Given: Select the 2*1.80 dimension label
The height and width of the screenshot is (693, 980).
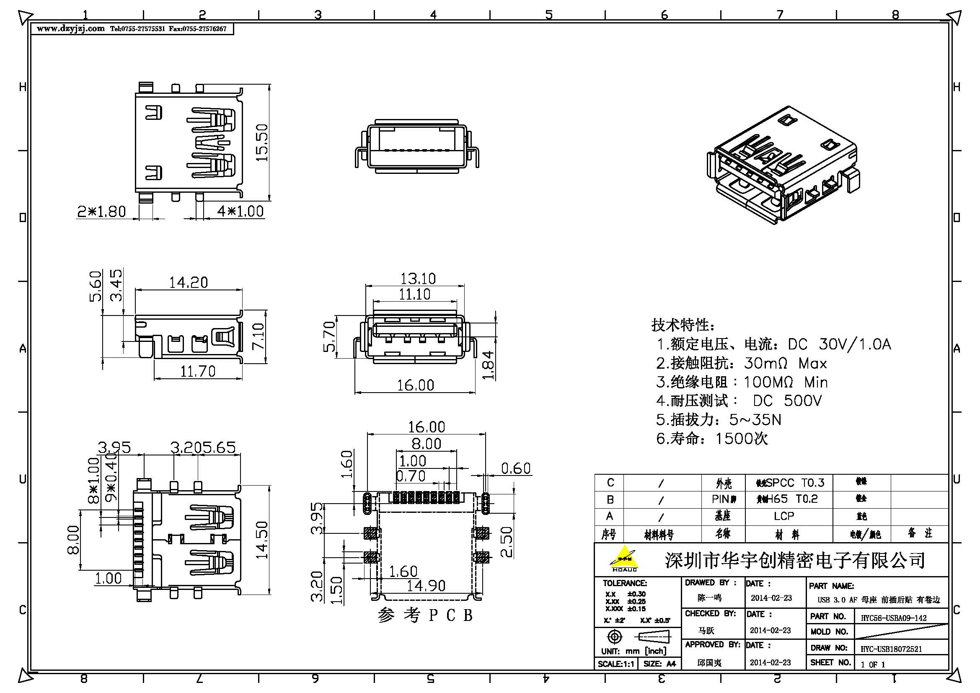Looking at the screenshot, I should (101, 211).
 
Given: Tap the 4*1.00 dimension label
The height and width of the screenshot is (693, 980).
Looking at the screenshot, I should (240, 211).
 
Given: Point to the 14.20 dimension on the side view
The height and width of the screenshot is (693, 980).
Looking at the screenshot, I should (188, 282).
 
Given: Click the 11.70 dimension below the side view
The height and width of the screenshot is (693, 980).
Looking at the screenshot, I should (197, 371).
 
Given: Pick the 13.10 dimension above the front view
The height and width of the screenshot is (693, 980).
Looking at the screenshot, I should (417, 279).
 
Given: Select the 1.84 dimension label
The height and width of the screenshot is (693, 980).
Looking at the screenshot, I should (488, 365).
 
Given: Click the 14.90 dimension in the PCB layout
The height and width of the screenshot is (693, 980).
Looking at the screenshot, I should (426, 586).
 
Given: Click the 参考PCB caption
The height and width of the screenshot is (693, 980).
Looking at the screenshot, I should (425, 615).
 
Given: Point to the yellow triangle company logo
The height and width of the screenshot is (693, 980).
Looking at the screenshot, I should (624, 558).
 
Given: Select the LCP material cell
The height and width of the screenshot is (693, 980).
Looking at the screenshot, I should (784, 516).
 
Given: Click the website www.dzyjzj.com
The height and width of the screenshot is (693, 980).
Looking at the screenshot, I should (70, 28).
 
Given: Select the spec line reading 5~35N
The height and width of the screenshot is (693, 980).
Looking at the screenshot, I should (719, 420).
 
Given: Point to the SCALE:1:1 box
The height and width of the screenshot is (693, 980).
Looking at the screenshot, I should (616, 664).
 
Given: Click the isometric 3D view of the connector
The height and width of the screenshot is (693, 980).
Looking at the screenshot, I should (783, 166).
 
